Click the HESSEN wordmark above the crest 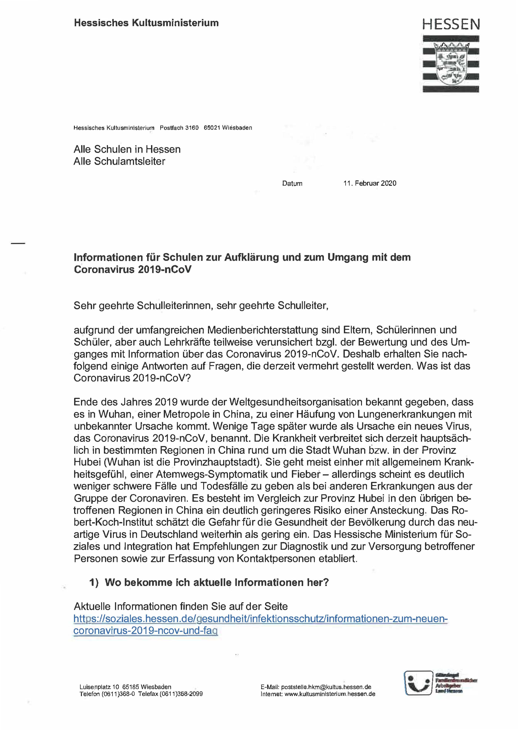click(451, 24)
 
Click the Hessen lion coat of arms click(451, 64)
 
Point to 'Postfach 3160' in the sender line click(179, 128)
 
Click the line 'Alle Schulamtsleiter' click(119, 161)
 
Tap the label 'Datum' click(292, 183)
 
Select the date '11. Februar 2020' click(370, 183)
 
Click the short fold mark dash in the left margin click(18, 244)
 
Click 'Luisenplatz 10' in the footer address click(99, 687)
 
